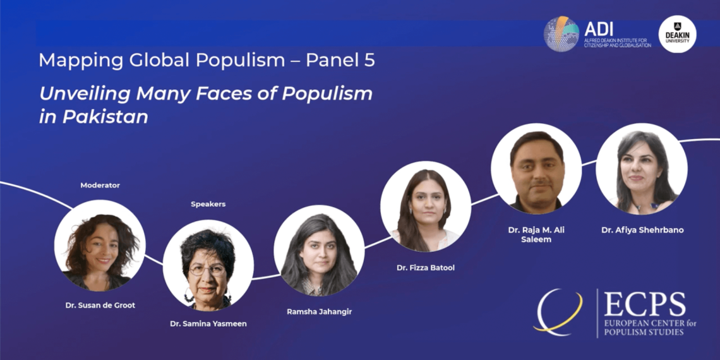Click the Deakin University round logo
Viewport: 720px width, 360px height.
point(677,34)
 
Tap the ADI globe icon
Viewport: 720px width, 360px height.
point(561,34)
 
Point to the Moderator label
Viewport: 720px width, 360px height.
point(100,185)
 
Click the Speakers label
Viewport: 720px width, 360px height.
point(208,204)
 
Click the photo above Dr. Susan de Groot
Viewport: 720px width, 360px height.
point(100,245)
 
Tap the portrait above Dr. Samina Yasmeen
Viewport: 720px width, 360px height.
point(208,265)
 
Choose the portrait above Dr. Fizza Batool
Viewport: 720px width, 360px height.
point(426,206)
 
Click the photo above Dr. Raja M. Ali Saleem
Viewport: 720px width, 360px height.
point(536,168)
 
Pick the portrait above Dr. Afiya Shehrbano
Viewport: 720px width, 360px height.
point(641,168)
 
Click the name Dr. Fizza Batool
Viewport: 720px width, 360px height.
point(426,268)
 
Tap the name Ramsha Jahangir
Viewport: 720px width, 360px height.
point(319,311)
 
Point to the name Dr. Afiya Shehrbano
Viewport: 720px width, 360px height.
point(641,231)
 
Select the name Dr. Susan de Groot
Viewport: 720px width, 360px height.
point(100,305)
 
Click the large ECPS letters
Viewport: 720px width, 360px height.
point(644,305)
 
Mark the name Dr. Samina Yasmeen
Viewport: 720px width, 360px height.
point(208,324)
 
